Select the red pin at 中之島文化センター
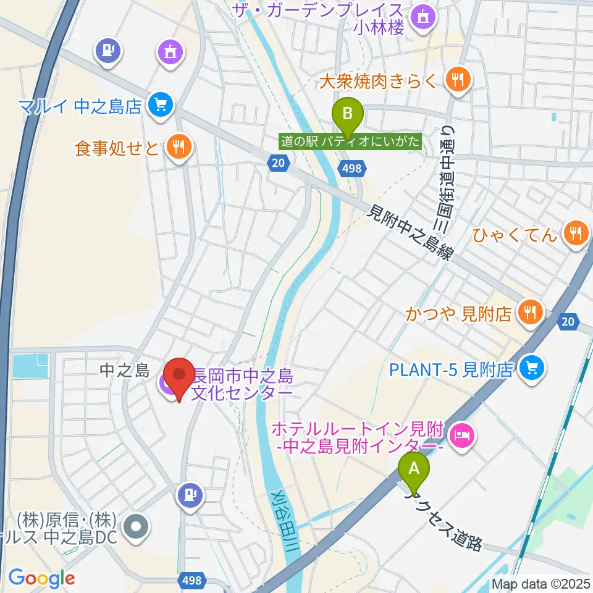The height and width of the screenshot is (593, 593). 179,376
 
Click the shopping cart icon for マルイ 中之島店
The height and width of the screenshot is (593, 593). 161,105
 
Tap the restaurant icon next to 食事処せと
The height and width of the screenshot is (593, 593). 179,146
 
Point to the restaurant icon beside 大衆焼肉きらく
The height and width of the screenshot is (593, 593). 458,78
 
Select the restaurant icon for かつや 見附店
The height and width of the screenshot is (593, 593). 529,313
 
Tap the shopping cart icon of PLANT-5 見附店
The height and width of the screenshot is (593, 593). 529,369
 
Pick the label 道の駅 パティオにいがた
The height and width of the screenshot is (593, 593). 350,141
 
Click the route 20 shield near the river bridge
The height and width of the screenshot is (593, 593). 279,162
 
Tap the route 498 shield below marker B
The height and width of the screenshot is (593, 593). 353,168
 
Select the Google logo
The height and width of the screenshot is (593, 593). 41,578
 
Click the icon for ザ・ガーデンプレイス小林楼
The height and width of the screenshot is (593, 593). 424,17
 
